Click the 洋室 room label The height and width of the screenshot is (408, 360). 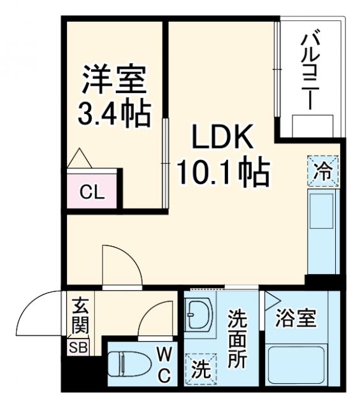[114, 80]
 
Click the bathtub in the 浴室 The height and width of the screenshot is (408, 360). [294, 364]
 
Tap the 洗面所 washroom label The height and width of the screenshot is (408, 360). [237, 338]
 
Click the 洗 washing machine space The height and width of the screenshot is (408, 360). [199, 368]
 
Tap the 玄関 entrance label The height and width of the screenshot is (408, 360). [80, 316]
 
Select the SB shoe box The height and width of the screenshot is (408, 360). [80, 347]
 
